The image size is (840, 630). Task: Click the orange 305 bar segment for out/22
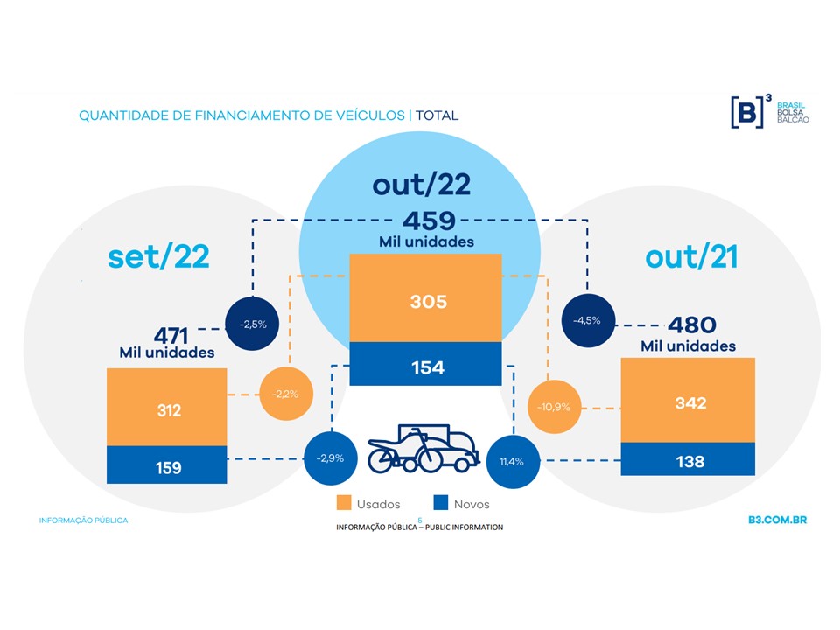click(425, 297)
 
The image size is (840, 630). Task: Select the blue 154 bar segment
click(425, 364)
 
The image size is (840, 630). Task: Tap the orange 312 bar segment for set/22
click(166, 407)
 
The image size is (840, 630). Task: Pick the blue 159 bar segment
click(166, 465)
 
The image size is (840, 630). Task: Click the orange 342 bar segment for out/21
click(688, 400)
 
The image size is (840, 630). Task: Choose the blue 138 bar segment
click(688, 459)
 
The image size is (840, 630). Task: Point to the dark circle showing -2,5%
click(252, 324)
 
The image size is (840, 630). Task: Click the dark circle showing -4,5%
click(588, 320)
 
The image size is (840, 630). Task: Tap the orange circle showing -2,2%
click(286, 394)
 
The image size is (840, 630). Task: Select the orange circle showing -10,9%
click(555, 407)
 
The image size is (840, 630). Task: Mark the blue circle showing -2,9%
click(331, 458)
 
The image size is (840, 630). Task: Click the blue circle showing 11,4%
click(513, 462)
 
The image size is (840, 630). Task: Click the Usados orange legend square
click(343, 503)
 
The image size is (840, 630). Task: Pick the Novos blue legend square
click(440, 503)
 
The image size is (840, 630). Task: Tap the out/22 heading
click(422, 185)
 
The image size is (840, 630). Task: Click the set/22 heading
click(158, 257)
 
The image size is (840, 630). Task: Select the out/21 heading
click(691, 257)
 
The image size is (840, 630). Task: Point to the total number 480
click(691, 325)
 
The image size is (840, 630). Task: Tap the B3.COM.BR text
click(777, 520)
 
